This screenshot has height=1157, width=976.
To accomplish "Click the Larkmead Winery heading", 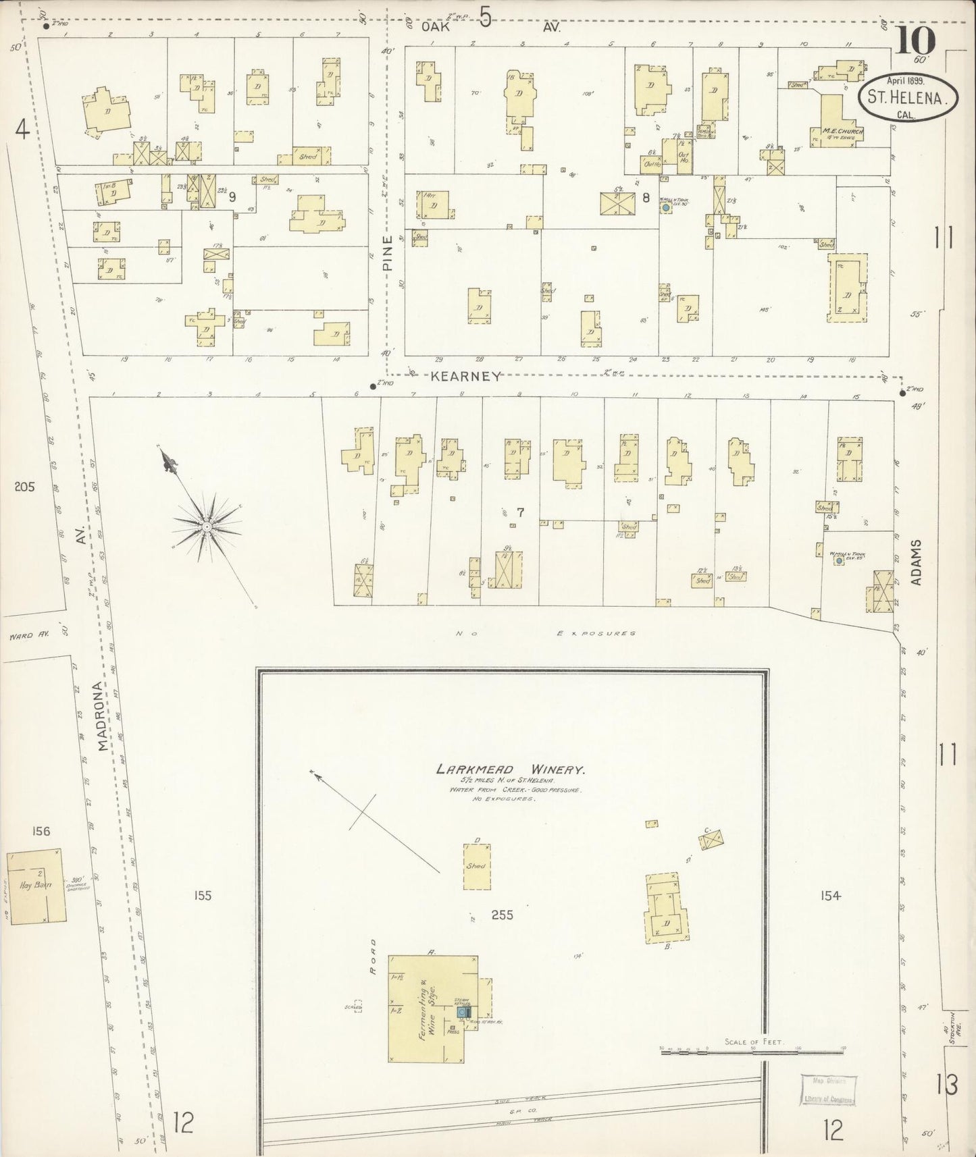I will [510, 769].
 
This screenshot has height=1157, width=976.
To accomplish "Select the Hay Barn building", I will [37, 885].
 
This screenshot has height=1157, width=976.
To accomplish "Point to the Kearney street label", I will [467, 377].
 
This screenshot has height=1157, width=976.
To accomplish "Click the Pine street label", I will [388, 257].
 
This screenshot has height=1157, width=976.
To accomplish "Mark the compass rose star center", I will [205, 524].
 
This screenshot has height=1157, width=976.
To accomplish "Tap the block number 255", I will [503, 915].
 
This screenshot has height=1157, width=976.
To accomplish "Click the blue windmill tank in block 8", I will [666, 209].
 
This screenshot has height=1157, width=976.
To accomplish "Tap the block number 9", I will [232, 197].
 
